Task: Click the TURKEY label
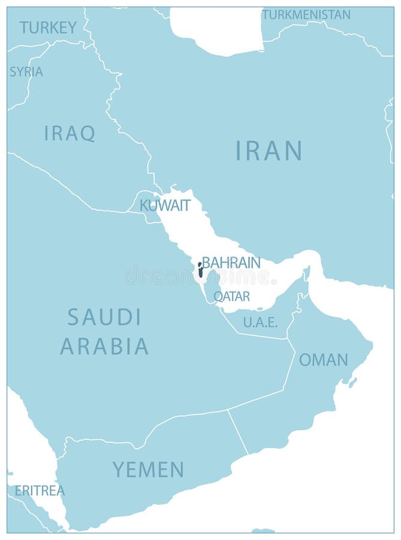coord(48,27)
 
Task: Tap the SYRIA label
coord(26,71)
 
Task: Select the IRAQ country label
coord(70,133)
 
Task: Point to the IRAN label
coord(269,151)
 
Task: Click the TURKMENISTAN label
coord(306,14)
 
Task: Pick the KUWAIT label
coord(165,205)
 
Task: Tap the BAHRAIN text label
coord(231,263)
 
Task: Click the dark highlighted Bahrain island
coord(200,271)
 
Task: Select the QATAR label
coord(231,296)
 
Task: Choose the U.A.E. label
coord(260,322)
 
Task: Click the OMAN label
coord(323,359)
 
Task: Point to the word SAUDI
coord(104,317)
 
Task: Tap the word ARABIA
coord(104,346)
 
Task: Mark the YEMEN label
coord(148,469)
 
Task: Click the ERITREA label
coord(40,490)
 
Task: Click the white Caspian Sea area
coord(216,30)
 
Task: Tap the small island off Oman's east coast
coord(353,382)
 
